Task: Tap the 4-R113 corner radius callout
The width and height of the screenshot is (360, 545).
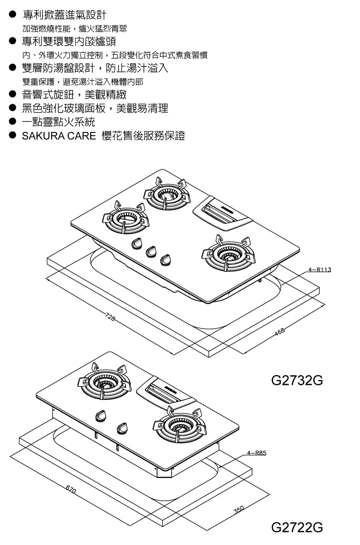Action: (x=320, y=269)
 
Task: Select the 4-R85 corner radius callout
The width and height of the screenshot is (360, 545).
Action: (x=257, y=453)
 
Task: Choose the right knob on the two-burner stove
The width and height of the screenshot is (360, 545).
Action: (x=123, y=428)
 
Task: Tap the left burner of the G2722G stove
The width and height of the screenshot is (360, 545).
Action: (x=103, y=383)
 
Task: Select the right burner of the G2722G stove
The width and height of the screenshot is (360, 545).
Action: (x=178, y=427)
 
